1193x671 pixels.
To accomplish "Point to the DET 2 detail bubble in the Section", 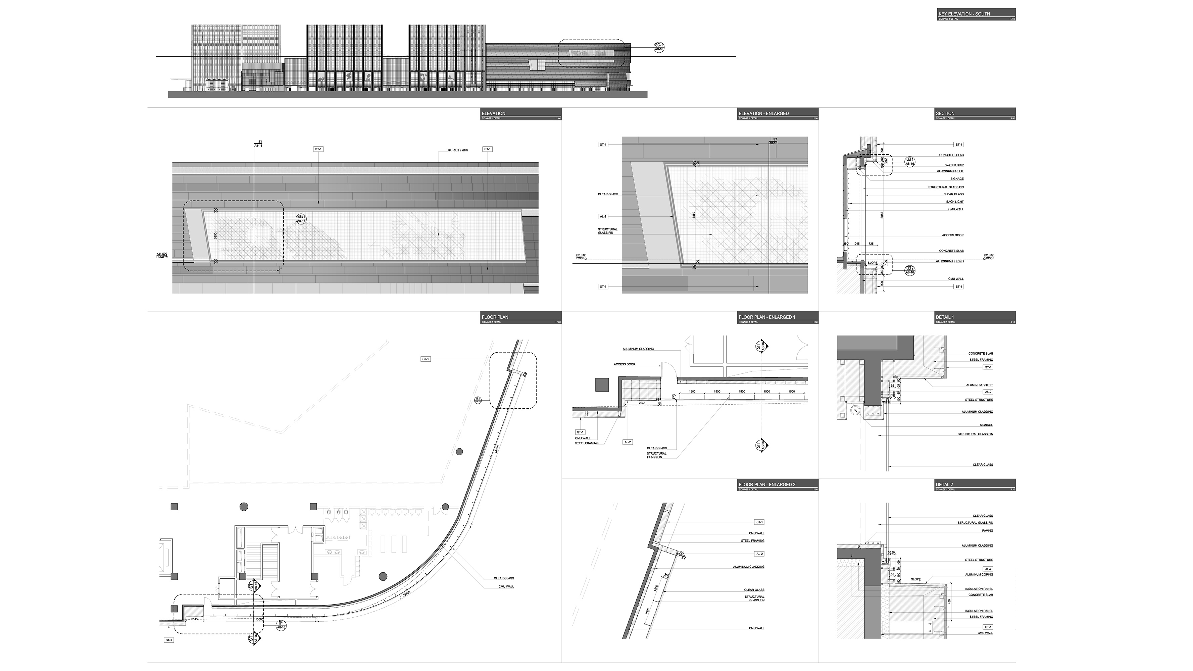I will click(x=909, y=270).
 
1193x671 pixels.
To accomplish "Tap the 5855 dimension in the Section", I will click(x=882, y=215).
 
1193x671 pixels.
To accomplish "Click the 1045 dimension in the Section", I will click(x=856, y=244).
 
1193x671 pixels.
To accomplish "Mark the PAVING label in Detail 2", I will click(x=987, y=531).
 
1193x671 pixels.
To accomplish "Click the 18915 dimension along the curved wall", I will click(x=496, y=449).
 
